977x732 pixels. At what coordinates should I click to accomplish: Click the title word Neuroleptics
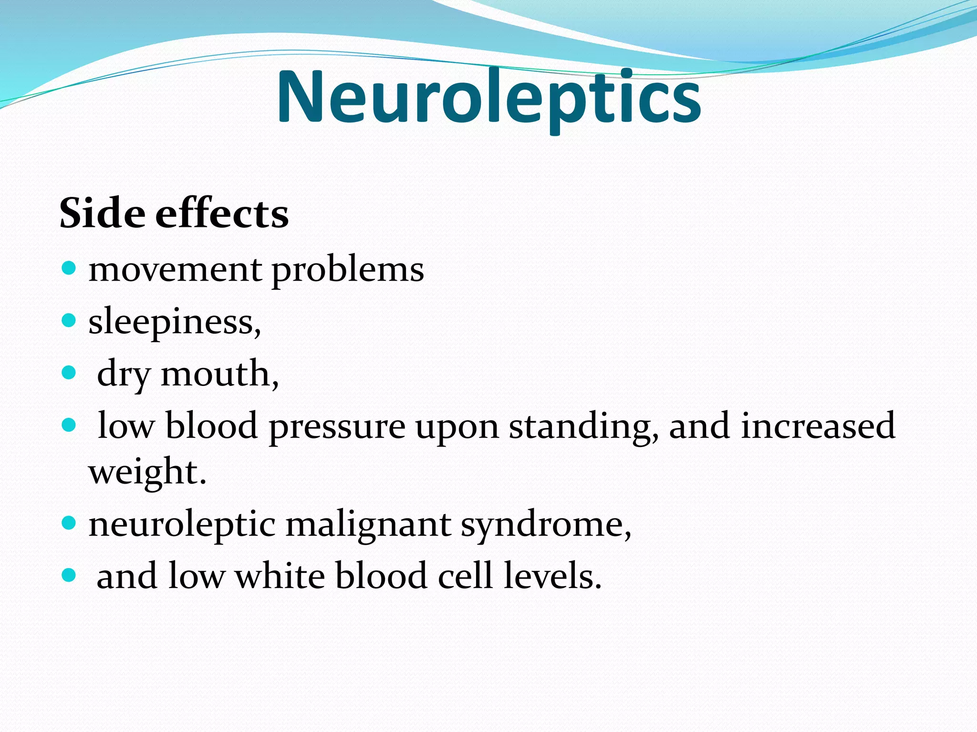[x=488, y=98]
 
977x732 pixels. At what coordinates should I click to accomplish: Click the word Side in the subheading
[x=102, y=213]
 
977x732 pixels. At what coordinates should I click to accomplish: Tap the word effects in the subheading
[x=222, y=213]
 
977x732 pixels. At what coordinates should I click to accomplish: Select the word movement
[x=175, y=270]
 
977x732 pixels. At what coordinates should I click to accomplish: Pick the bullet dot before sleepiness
[x=69, y=320]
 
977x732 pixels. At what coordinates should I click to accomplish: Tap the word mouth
[x=219, y=374]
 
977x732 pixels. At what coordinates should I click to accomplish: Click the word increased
[x=818, y=425]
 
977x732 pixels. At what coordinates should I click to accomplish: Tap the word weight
[x=147, y=472]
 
